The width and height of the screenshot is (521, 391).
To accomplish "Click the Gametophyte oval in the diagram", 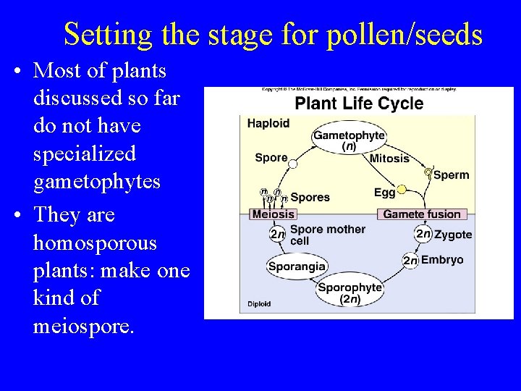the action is coord(349,140).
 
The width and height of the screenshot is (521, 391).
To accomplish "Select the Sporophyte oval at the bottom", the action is coord(350,293).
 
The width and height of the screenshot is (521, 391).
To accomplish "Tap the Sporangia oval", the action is coord(297,266).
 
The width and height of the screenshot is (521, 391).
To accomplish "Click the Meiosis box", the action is coord(273,214).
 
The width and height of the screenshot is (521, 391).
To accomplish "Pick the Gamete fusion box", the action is coord(422,214).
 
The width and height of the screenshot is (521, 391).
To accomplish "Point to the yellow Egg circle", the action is coord(402,190).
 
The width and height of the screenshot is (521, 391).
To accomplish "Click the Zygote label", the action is coord(453,234).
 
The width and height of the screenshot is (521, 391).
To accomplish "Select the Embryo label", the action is coord(441,260).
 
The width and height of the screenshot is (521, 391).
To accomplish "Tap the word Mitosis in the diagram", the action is coord(389,158).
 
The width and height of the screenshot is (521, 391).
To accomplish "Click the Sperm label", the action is coord(451,175).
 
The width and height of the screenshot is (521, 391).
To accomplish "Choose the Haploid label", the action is coord(268,123).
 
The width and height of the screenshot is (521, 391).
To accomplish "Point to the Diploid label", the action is coord(260,304).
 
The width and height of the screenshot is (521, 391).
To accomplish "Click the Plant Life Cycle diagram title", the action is coord(359,104).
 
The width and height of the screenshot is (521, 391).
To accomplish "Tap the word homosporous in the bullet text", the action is coord(95,243).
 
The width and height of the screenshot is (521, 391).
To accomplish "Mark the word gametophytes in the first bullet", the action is coord(97,181).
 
